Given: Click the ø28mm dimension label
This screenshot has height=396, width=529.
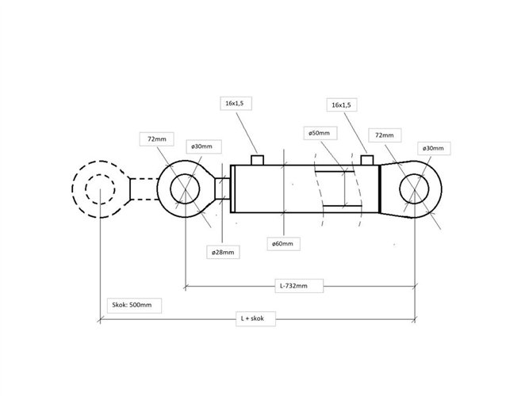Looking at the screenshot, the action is point(223,252).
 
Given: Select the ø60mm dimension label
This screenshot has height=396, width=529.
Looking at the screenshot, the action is point(283,243).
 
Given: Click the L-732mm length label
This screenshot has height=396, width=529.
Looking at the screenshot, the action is point(299,286).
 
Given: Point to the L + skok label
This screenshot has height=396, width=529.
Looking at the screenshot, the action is point(255,318).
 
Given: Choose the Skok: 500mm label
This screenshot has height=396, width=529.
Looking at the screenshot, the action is point(134,306).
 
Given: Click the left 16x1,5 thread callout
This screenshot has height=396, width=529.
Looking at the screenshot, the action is point(236,104).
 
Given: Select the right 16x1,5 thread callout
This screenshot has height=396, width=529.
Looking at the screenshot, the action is point(342,105).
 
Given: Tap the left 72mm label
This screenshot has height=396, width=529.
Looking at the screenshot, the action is point(157,139).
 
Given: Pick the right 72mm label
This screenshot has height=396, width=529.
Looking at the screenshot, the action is point(385,135).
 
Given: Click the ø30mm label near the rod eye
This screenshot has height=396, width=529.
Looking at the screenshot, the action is point(204,147).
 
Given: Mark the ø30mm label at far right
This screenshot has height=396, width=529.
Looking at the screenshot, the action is point(434,148).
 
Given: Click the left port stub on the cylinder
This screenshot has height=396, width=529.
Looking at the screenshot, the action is point(257,160).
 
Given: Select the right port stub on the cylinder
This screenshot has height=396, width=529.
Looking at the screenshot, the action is point(367,160).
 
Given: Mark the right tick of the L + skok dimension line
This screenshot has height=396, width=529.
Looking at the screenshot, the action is point(415,319).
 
